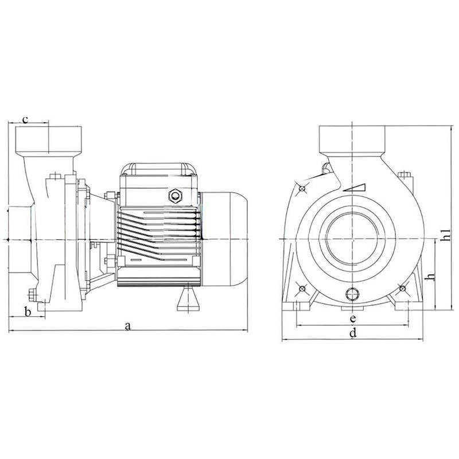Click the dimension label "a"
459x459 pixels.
[127, 326]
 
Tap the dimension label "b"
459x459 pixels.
[28, 312]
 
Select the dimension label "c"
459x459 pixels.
[25, 119]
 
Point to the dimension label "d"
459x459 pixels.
[353, 333]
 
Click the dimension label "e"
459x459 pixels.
[353, 318]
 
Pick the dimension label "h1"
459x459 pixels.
[445, 235]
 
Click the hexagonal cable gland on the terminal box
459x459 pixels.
[176, 196]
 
